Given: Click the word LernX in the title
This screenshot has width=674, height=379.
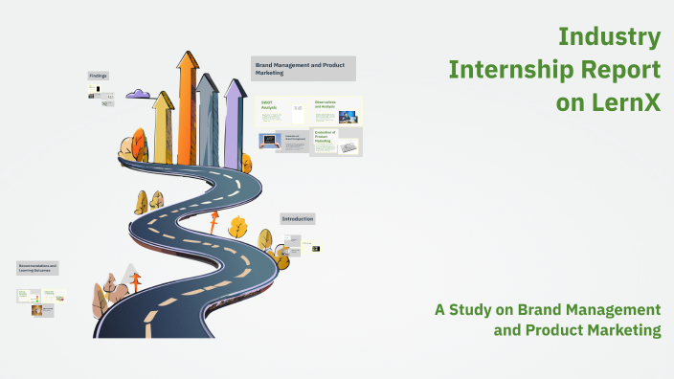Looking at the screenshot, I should pyautogui.click(x=626, y=102).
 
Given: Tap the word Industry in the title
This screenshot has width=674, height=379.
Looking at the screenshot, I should pyautogui.click(x=609, y=37).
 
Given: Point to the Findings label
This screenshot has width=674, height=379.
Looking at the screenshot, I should pyautogui.click(x=99, y=76).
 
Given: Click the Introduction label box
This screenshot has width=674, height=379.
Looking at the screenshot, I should pyautogui.click(x=298, y=218).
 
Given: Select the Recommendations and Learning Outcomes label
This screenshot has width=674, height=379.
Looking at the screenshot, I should pyautogui.click(x=38, y=268).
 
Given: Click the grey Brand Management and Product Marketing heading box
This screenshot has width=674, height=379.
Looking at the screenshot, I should pyautogui.click(x=303, y=68).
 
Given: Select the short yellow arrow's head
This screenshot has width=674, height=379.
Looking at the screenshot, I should pyautogui.click(x=164, y=100).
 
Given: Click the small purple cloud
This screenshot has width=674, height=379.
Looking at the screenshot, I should pyautogui.click(x=139, y=94).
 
